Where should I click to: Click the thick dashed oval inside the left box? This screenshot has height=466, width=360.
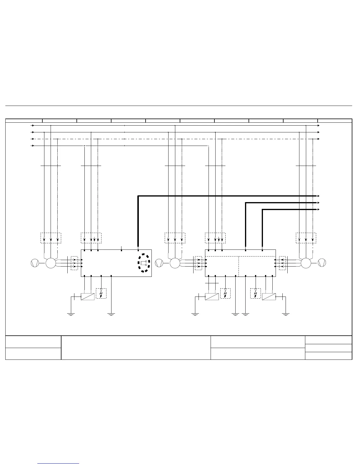coord(144,263)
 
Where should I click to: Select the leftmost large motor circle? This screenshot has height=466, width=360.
coord(51,263)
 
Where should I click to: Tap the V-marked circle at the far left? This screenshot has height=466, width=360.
coord(35,263)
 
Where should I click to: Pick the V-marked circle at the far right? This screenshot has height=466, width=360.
coord(322,263)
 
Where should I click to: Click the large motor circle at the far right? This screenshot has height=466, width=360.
coord(306,263)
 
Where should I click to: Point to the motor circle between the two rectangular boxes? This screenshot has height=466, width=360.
coord(175,263)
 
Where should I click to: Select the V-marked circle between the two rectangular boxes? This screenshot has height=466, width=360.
coord(159,263)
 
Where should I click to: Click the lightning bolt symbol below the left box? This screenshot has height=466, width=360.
coord(101,293)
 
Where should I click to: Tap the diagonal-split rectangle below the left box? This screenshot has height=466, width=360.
coord(88,297)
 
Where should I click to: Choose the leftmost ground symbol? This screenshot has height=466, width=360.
coord(71,314)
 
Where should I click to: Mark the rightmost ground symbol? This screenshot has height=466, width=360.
coord(285,314)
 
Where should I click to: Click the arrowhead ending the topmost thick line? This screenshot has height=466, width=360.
coord(318,196)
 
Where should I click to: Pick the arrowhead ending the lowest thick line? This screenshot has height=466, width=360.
coord(318,209)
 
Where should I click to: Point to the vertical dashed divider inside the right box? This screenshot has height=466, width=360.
coord(239,266)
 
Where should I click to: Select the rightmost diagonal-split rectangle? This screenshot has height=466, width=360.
coord(269,297)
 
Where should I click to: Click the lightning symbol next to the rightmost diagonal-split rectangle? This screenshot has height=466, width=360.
coord(255,293)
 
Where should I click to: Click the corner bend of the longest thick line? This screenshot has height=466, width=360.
coord(138,196)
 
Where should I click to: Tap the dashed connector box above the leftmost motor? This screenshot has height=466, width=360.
coord(51,238)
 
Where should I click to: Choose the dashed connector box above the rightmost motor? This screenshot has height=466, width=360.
coord(306,238)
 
